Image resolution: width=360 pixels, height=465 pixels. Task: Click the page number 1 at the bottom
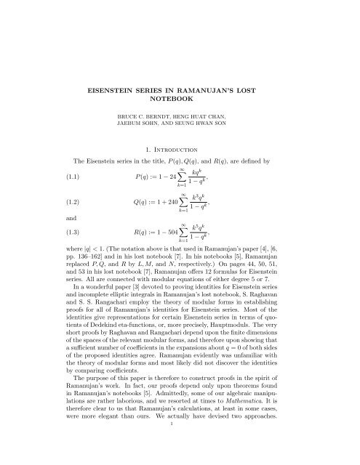pyautogui.click(x=180, y=451)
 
